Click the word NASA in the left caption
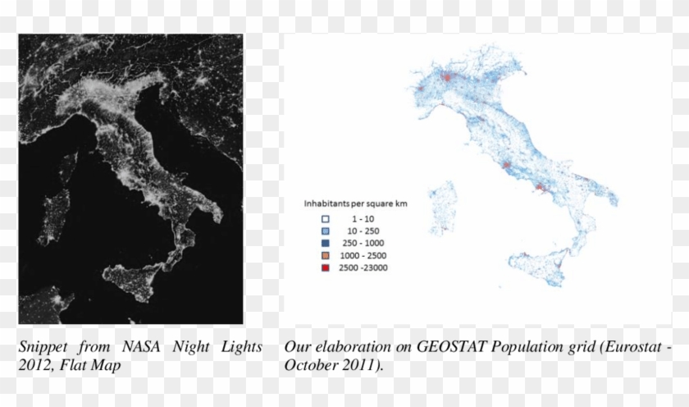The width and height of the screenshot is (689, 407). coord(142,347)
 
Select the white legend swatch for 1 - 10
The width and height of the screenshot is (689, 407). coord(325,218)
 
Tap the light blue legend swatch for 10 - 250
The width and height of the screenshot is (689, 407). coord(325,231)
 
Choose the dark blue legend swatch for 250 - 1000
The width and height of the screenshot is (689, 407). coord(325,243)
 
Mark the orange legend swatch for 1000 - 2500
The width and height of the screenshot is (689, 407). coord(325,255)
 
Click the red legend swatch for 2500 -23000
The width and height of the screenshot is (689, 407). coord(325,268)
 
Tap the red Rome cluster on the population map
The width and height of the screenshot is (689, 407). coord(507,167)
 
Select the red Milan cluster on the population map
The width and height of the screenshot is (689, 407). coord(447,77)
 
